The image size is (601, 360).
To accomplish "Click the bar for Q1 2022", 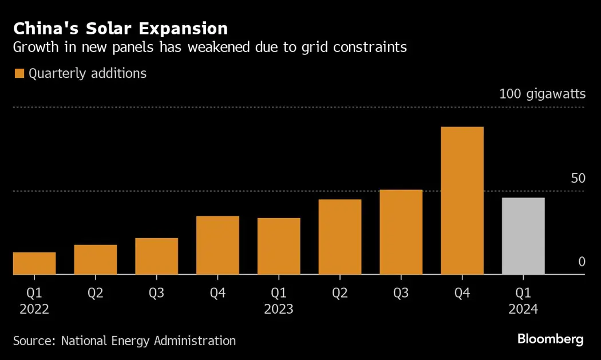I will [x=34, y=263].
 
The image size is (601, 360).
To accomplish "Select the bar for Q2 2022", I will [x=96, y=260].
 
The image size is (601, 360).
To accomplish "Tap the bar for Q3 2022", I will [x=156, y=256].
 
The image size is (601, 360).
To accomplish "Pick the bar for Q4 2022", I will [x=218, y=246].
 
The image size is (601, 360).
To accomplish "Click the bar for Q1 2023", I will [x=279, y=247].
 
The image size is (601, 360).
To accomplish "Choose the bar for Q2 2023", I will [x=340, y=237].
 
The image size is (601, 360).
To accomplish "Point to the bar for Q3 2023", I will [x=401, y=232].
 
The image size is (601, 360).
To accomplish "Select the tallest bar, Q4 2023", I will [x=462, y=201].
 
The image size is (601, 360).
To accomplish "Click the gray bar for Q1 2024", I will [x=523, y=236].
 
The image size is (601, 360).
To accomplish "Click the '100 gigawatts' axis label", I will [x=542, y=94].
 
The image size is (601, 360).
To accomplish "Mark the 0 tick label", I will [x=582, y=262].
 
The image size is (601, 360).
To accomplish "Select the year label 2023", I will [x=279, y=309].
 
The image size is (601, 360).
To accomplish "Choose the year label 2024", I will [x=523, y=309].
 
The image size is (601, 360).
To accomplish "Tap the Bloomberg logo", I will [x=550, y=339].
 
